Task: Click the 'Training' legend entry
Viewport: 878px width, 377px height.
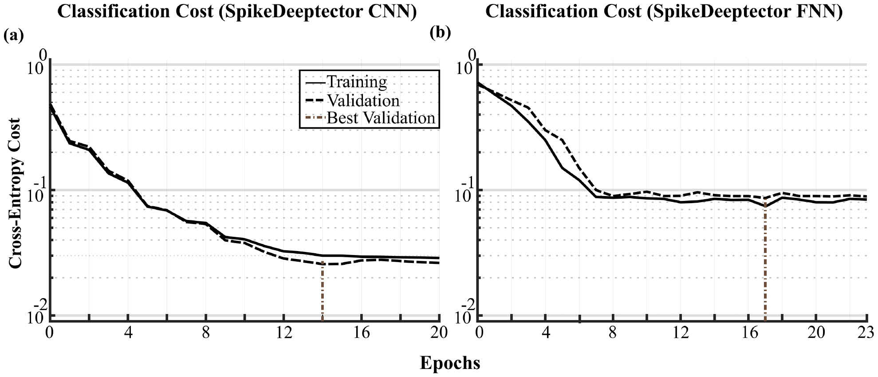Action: click(356, 82)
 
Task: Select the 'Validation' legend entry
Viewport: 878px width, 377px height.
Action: click(363, 101)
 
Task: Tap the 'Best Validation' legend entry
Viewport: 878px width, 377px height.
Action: click(381, 118)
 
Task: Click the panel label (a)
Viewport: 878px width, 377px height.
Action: click(13, 35)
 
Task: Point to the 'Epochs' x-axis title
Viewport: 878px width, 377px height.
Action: click(450, 363)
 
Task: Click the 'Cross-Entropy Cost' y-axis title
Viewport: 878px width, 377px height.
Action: click(16, 193)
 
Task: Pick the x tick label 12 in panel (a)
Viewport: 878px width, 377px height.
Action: click(283, 333)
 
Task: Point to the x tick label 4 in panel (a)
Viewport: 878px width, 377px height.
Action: click(128, 333)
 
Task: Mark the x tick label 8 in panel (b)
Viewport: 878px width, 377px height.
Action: click(612, 333)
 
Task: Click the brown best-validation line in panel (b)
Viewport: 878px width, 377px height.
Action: click(765, 266)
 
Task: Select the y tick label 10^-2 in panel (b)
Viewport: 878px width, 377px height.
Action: click(468, 313)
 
